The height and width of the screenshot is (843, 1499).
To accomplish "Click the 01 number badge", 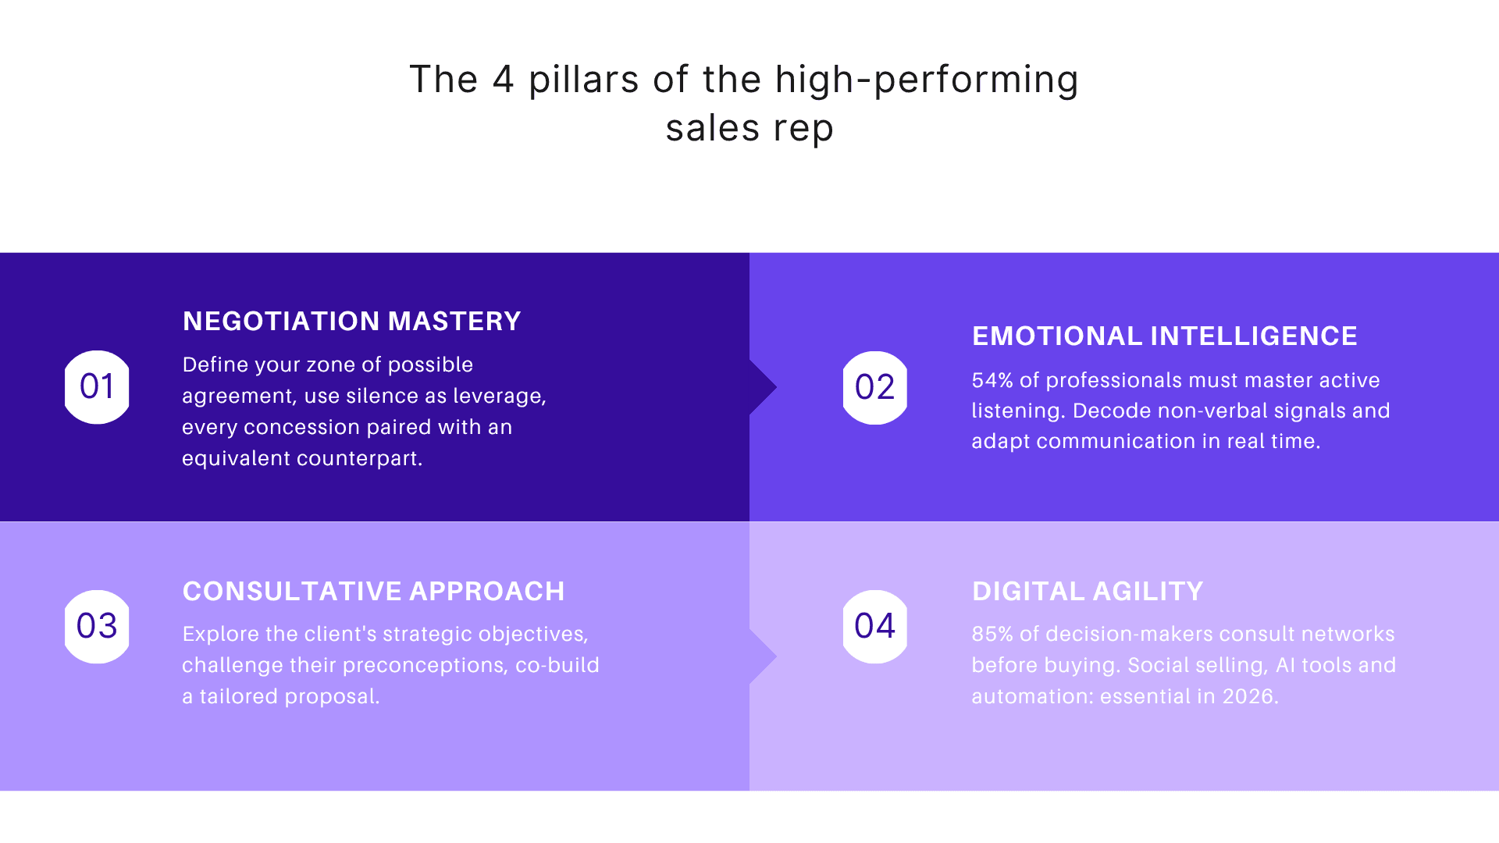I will pos(97,387).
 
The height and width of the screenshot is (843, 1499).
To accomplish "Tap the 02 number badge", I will pos(874,388).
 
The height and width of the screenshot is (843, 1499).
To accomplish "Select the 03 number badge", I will pos(97,626).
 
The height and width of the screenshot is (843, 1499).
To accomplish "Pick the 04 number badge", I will pos(874,626).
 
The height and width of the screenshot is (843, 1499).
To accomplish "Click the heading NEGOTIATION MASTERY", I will pos(351,321).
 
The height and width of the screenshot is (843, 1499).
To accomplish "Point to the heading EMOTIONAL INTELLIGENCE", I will pos(1164,336).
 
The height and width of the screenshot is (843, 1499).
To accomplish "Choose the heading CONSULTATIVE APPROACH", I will pos(373,591).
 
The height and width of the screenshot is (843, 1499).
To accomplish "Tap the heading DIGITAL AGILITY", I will pos(1087,591).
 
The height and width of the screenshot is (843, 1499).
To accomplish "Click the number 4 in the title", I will pos(504,80).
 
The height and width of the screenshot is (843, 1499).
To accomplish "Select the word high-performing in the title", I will pos(927,81).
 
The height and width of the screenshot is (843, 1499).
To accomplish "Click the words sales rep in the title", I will pos(749,129).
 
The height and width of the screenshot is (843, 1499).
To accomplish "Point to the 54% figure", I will pos(992,380).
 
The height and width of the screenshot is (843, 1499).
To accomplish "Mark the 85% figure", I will pos(992,634).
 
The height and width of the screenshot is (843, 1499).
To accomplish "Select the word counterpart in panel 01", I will pos(360,458).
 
